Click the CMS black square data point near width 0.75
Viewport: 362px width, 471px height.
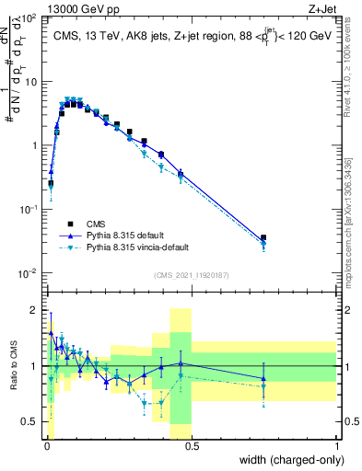coord(263,238)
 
